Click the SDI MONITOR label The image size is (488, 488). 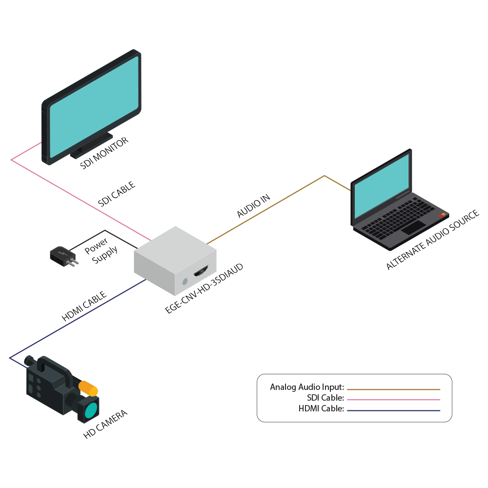tap(104, 153)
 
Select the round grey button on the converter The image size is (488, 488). tap(184, 282)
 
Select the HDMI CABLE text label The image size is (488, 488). tap(84, 306)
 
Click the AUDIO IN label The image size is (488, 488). tap(253, 205)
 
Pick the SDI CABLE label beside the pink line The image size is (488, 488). tap(116, 194)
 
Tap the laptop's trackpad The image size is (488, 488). tap(412, 227)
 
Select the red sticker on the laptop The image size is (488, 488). tap(442, 215)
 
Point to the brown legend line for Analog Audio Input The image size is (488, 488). tap(393, 389)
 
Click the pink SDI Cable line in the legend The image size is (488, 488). tap(393, 400)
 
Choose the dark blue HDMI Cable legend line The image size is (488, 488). tap(393, 410)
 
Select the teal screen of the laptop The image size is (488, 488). tap(381, 185)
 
